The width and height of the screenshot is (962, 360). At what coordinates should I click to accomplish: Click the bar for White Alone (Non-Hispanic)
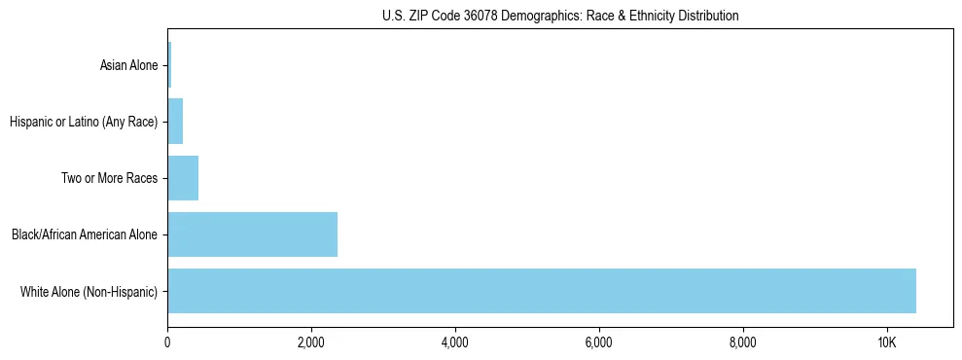point(541,290)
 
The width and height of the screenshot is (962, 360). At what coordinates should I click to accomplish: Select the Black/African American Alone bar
point(252,234)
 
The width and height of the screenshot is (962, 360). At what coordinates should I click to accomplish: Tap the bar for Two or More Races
point(183,178)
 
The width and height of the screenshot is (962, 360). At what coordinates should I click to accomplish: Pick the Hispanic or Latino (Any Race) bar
point(175,123)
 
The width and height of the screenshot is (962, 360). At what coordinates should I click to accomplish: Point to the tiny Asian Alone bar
point(169,66)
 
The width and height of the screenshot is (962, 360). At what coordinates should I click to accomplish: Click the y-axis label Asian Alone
point(128,66)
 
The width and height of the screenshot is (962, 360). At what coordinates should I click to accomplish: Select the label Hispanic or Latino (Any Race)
point(83,123)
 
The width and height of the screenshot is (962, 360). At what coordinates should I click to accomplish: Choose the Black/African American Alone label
point(84,234)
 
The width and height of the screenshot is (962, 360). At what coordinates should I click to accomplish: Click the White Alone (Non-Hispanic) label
point(89,291)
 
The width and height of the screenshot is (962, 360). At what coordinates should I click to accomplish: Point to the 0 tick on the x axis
point(167,343)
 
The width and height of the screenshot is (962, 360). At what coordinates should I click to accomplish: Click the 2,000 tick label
point(311,343)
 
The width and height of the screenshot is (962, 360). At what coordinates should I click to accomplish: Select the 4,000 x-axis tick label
point(455,343)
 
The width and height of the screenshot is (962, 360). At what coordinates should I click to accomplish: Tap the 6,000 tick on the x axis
point(599,343)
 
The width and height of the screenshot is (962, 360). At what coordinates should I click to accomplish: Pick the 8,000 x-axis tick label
point(743,343)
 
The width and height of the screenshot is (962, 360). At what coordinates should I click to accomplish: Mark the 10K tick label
point(886,343)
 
